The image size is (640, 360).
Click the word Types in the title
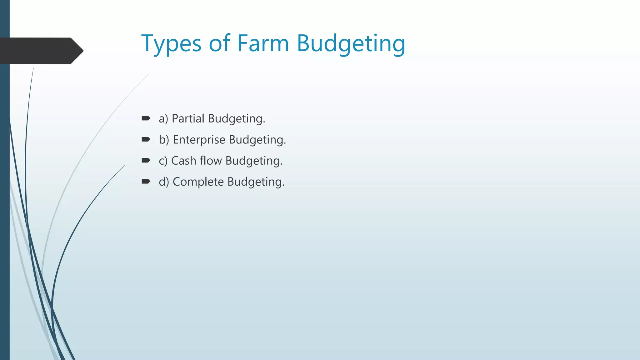[x=171, y=44]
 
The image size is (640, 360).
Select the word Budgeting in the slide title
[x=351, y=44]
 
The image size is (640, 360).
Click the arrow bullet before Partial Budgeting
[x=146, y=118]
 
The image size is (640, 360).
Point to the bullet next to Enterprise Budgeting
[x=146, y=139]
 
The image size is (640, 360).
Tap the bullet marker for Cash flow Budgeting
[x=146, y=161]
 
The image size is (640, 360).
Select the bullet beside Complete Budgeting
[x=146, y=182]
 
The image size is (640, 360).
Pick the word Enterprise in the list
[x=199, y=140]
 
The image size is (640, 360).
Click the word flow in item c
[x=211, y=161]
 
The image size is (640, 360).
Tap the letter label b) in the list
[x=164, y=140]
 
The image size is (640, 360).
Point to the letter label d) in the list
[x=164, y=182]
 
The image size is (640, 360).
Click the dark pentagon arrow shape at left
[x=41, y=51]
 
